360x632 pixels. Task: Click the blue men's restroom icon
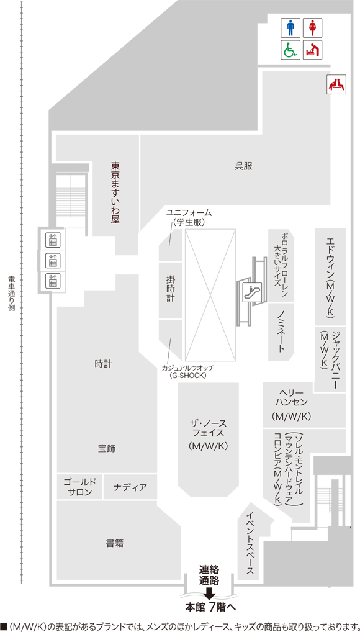point(290,29)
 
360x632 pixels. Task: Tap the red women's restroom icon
point(312,29)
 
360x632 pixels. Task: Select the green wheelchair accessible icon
point(290,50)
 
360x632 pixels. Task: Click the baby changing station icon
point(312,50)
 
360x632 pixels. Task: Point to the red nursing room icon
point(336,84)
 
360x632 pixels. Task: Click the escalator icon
point(253,292)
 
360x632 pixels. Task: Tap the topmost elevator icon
point(53,240)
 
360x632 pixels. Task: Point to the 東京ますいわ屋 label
point(115,192)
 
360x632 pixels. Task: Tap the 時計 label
point(103,364)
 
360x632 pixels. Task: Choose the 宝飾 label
point(106,448)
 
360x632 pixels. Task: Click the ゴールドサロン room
point(79,487)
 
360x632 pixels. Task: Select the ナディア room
point(130,487)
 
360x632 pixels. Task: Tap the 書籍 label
point(114,543)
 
